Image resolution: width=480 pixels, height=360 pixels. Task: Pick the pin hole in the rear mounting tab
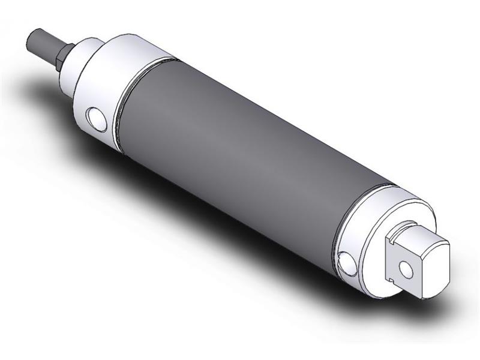[408, 269]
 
